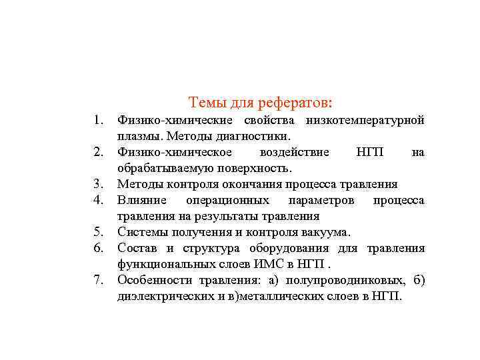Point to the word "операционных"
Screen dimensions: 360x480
pos(227,201)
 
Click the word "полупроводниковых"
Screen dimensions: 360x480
pos(346,281)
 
